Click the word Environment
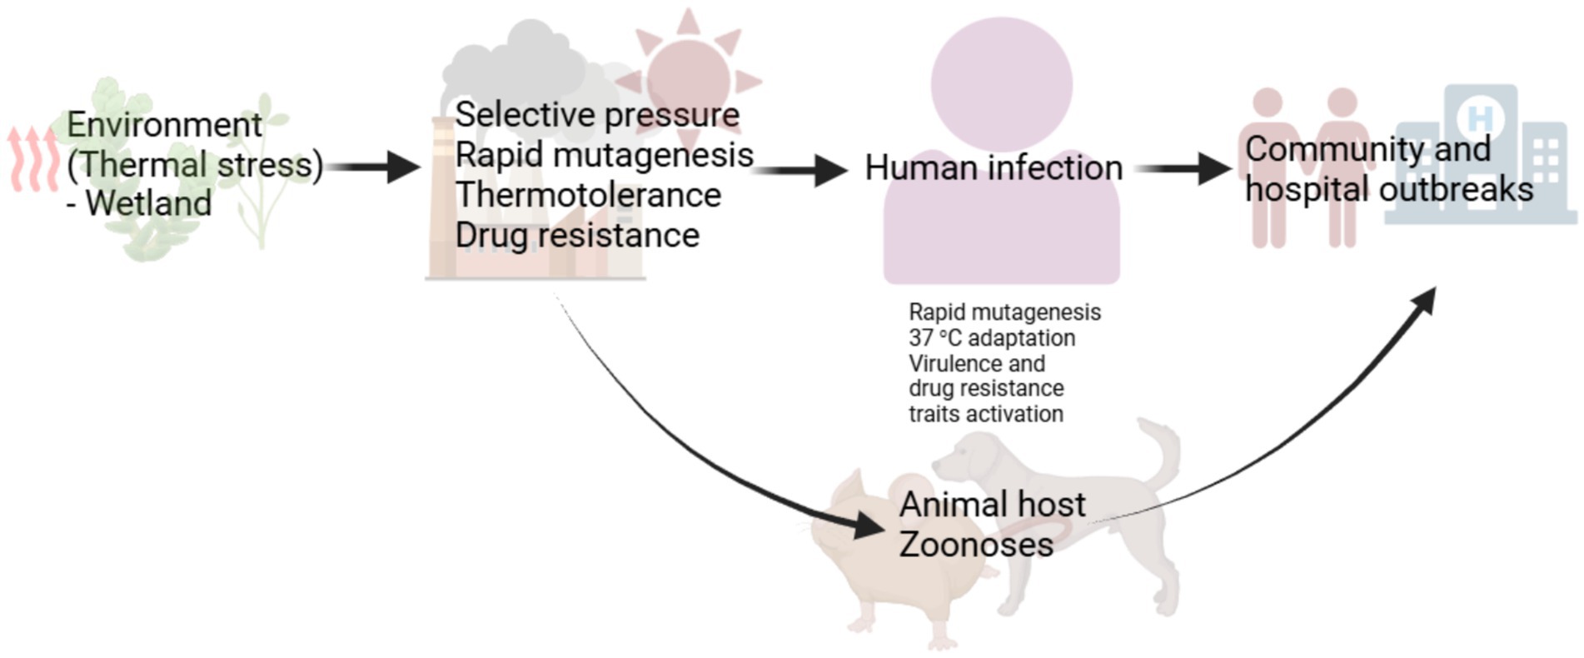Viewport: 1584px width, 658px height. click(164, 125)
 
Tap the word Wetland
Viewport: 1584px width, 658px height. click(148, 203)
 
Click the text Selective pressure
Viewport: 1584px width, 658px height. click(597, 115)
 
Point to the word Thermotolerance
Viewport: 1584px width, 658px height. click(588, 195)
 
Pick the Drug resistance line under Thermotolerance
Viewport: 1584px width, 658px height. click(577, 236)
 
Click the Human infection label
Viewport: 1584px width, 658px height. click(993, 168)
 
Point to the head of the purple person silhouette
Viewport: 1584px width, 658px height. click(1001, 83)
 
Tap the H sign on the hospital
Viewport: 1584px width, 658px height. click(1480, 118)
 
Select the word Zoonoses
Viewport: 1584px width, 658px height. click(976, 545)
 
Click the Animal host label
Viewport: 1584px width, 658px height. click(992, 505)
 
